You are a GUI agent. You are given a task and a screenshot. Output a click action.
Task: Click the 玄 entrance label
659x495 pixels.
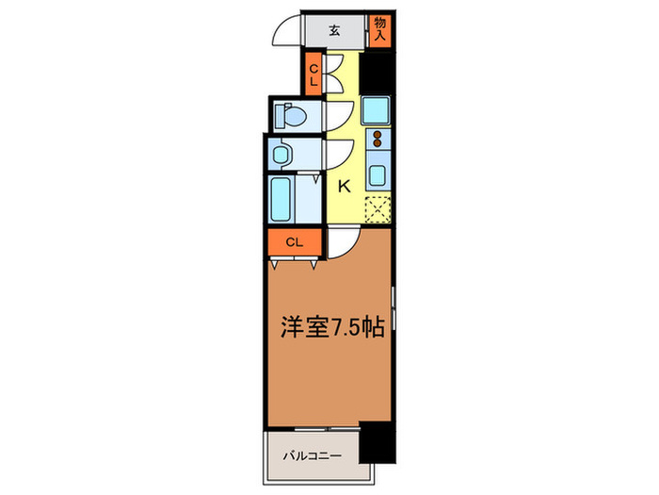(x=334, y=30)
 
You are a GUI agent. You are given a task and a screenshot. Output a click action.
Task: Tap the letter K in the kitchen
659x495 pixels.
(x=344, y=186)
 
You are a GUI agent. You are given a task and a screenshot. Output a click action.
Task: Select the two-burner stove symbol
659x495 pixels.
(x=378, y=141)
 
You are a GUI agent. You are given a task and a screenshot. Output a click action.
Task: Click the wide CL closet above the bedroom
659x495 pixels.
(x=294, y=242)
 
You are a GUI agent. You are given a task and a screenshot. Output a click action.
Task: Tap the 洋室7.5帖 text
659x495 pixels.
(x=329, y=330)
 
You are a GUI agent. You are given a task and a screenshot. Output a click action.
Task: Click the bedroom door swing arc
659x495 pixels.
(x=340, y=242)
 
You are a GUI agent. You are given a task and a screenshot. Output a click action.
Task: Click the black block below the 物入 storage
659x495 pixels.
(x=378, y=72)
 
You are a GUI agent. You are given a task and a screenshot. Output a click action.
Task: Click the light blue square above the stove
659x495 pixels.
(x=376, y=112)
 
